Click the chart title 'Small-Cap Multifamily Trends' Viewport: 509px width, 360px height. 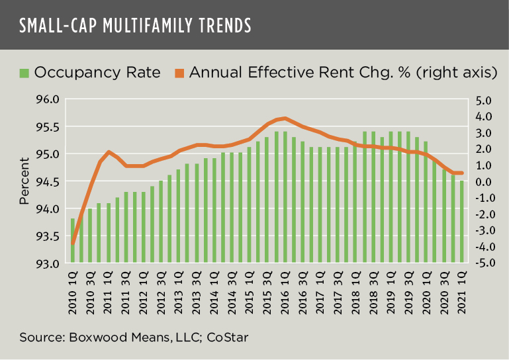pyautogui.click(x=135, y=26)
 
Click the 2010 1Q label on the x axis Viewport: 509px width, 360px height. pyautogui.click(x=73, y=289)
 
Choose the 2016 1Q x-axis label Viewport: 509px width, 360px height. pyautogui.click(x=285, y=289)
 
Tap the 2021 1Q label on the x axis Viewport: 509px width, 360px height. pyautogui.click(x=461, y=289)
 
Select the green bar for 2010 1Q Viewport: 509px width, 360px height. pyautogui.click(x=73, y=241)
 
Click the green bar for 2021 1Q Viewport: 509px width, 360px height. pyautogui.click(x=461, y=222)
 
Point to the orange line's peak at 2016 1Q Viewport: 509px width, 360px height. pyautogui.click(x=285, y=118)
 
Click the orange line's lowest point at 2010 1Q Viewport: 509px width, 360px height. pyautogui.click(x=73, y=244)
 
